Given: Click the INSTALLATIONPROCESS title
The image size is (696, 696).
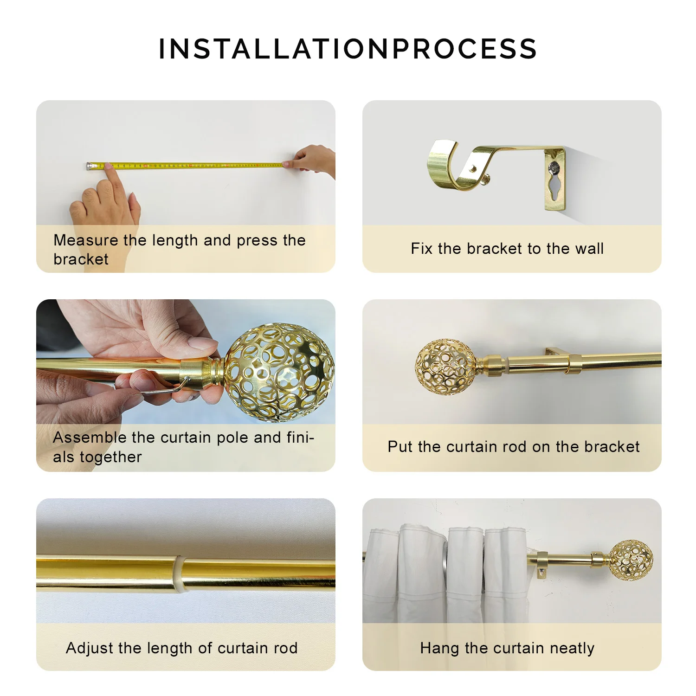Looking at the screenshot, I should (x=348, y=49).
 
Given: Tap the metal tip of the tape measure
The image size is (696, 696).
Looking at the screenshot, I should (x=88, y=165).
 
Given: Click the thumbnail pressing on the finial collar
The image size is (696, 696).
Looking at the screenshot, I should (x=201, y=344).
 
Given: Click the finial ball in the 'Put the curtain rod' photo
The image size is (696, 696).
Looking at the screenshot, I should (x=445, y=367).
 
